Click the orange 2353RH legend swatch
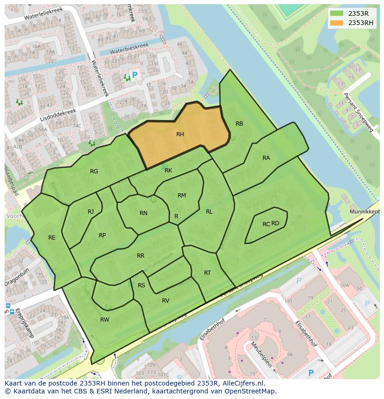coord(337,23)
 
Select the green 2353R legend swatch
coord(337,13)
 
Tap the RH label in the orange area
coord(180,134)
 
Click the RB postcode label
coord(239,124)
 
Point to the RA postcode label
coord(266,158)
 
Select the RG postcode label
coord(94,171)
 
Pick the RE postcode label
coord(52,238)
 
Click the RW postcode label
coord(105,320)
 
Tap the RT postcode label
coord(207,273)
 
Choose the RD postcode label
coord(275,223)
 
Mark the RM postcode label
coord(182,196)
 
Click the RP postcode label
coord(102,235)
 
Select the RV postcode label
coord(166,301)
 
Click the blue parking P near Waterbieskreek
coord(135,75)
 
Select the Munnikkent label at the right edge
coord(365,211)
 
